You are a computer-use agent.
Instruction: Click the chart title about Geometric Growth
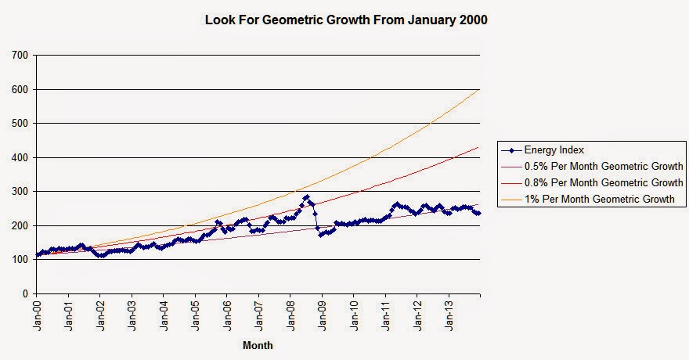(x=345, y=20)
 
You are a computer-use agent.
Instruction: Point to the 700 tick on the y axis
(x=20, y=56)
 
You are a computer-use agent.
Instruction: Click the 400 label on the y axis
(x=20, y=157)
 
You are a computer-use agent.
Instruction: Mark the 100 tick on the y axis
(x=20, y=260)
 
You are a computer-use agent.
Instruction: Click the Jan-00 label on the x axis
(x=38, y=314)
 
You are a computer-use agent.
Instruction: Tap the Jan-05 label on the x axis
(x=196, y=314)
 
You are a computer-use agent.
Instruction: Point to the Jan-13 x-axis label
(x=449, y=314)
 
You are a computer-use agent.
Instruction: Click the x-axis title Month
(x=258, y=344)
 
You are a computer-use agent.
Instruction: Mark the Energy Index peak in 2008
(x=306, y=197)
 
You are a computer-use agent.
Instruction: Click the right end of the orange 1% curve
(x=479, y=89)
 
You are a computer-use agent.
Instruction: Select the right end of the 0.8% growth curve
(x=479, y=147)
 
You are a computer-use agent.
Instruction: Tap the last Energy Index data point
(x=479, y=213)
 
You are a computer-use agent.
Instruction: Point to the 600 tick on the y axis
(x=20, y=89)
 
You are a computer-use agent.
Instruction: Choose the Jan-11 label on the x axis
(x=385, y=314)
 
